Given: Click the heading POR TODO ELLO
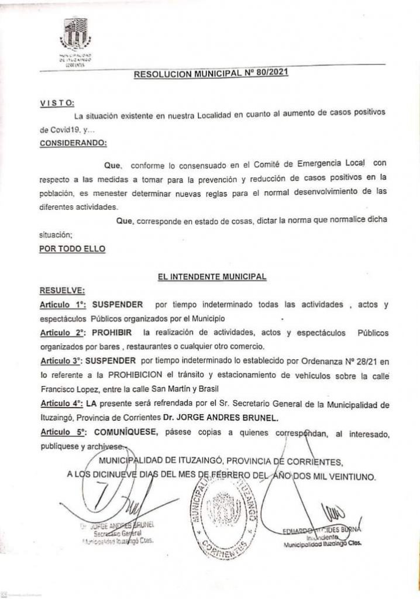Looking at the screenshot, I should point(72,248).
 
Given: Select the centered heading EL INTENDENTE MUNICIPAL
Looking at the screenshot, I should point(212,277).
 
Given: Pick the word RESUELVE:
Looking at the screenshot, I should point(62,290).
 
